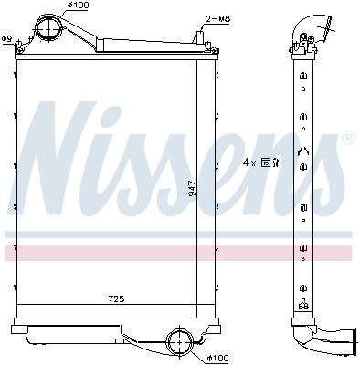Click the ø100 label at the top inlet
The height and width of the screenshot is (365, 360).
point(79,7)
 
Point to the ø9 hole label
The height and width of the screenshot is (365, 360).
point(7,37)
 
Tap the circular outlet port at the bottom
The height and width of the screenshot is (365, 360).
point(181,344)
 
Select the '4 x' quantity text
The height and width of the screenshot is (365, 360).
point(248,162)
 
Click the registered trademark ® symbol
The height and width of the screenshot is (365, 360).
point(347,139)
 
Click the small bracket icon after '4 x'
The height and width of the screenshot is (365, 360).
point(266,162)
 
